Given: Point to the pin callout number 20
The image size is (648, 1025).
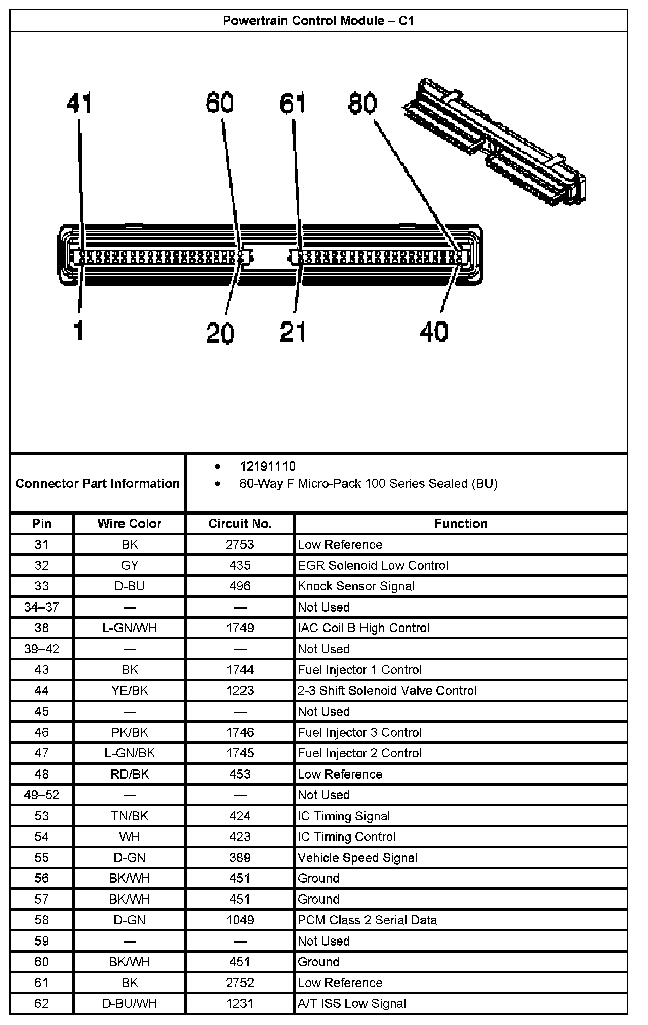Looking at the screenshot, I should pyautogui.click(x=220, y=332).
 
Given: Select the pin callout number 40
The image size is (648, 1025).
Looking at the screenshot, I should pyautogui.click(x=433, y=331).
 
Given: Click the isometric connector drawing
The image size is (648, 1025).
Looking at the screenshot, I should pyautogui.click(x=496, y=142).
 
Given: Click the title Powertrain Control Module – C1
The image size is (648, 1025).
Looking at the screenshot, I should pyautogui.click(x=318, y=21).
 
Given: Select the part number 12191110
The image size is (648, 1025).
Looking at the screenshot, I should pyautogui.click(x=267, y=466).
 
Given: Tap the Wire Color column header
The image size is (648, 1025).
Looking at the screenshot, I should pyautogui.click(x=130, y=523).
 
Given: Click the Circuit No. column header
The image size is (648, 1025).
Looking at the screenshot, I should pyautogui.click(x=240, y=523).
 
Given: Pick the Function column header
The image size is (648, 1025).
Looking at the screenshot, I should pyautogui.click(x=461, y=523).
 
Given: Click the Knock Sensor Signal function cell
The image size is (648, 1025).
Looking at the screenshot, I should pyautogui.click(x=356, y=586).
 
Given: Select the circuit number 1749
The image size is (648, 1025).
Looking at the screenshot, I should pyautogui.click(x=240, y=628).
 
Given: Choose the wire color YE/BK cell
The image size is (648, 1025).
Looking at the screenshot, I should pyautogui.click(x=130, y=690).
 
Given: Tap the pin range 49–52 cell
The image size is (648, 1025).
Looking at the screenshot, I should pyautogui.click(x=42, y=795).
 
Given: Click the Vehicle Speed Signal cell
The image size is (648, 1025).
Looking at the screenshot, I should pyautogui.click(x=357, y=858).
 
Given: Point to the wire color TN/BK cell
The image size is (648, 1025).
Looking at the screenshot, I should pyautogui.click(x=130, y=816).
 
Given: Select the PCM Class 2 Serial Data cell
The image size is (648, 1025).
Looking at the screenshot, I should pyautogui.click(x=367, y=920).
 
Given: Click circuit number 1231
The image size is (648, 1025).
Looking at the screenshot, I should pyautogui.click(x=240, y=1003).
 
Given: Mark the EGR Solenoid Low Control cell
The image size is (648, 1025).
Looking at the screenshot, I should pyautogui.click(x=373, y=565).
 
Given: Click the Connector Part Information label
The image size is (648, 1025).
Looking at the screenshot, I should pyautogui.click(x=98, y=483).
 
